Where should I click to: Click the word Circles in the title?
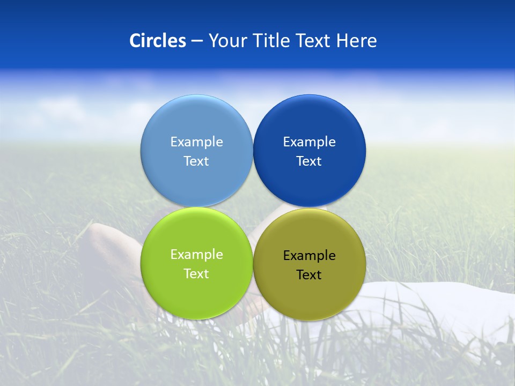pos(157,41)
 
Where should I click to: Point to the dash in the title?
pos(197,41)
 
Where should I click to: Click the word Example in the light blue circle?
pos(196,142)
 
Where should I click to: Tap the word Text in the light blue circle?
pos(196,161)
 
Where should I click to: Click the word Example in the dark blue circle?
pos(309,142)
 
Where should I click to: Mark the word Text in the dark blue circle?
pos(309,161)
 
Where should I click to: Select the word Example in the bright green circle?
pos(196,255)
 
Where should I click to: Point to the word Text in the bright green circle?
pos(196,274)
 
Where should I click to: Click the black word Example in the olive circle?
pos(309,256)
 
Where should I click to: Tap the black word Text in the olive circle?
pos(309,275)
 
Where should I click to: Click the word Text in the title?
pos(314,41)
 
